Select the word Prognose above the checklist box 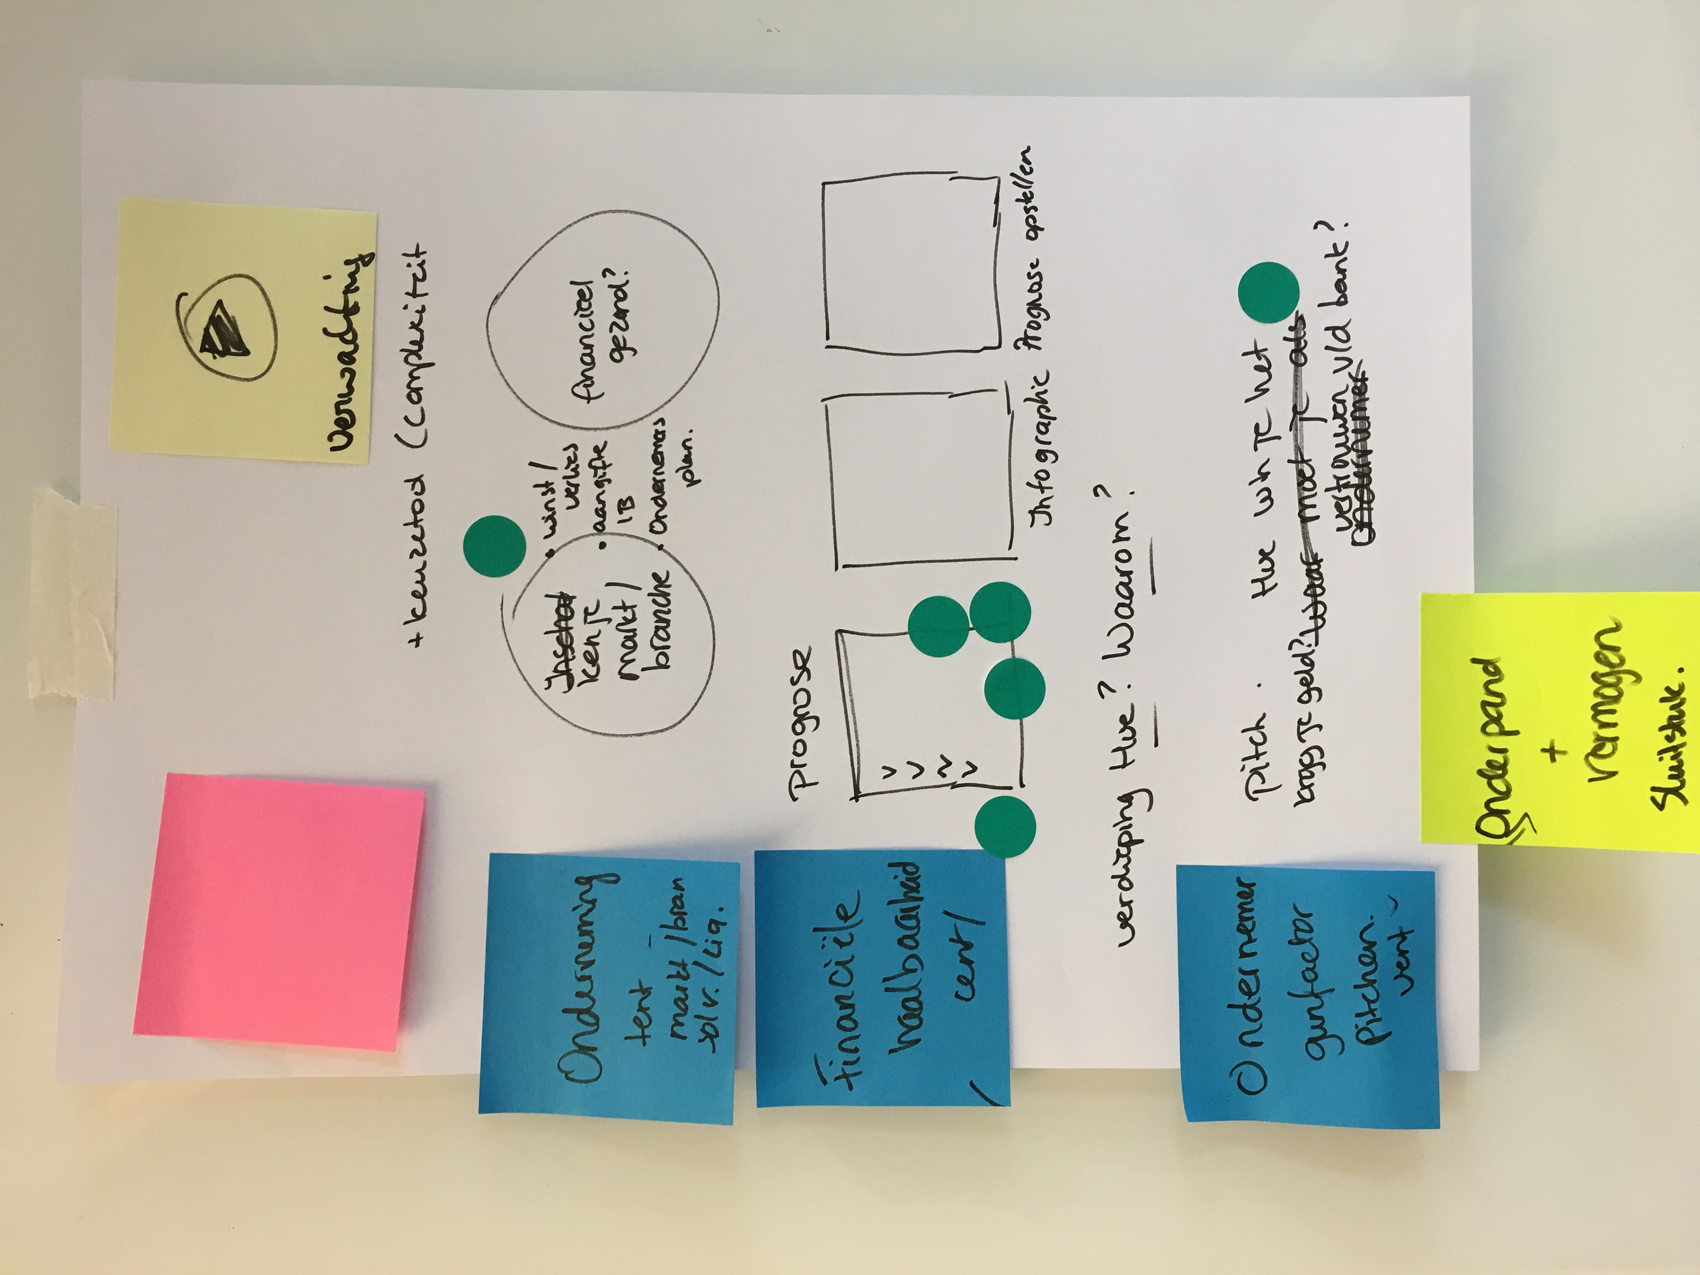pyautogui.click(x=799, y=719)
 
